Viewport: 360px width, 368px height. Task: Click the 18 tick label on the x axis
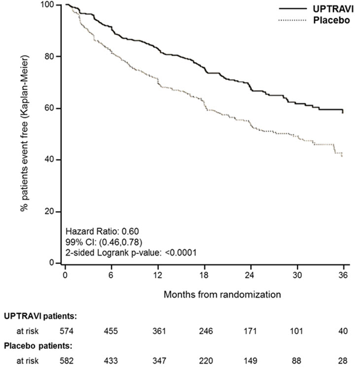205,275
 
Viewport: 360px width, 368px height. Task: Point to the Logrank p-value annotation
131,253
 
